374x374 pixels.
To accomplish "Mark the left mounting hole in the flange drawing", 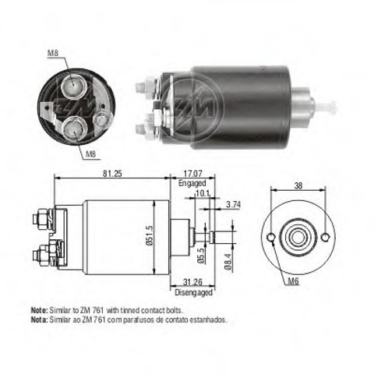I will point(270,237).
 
